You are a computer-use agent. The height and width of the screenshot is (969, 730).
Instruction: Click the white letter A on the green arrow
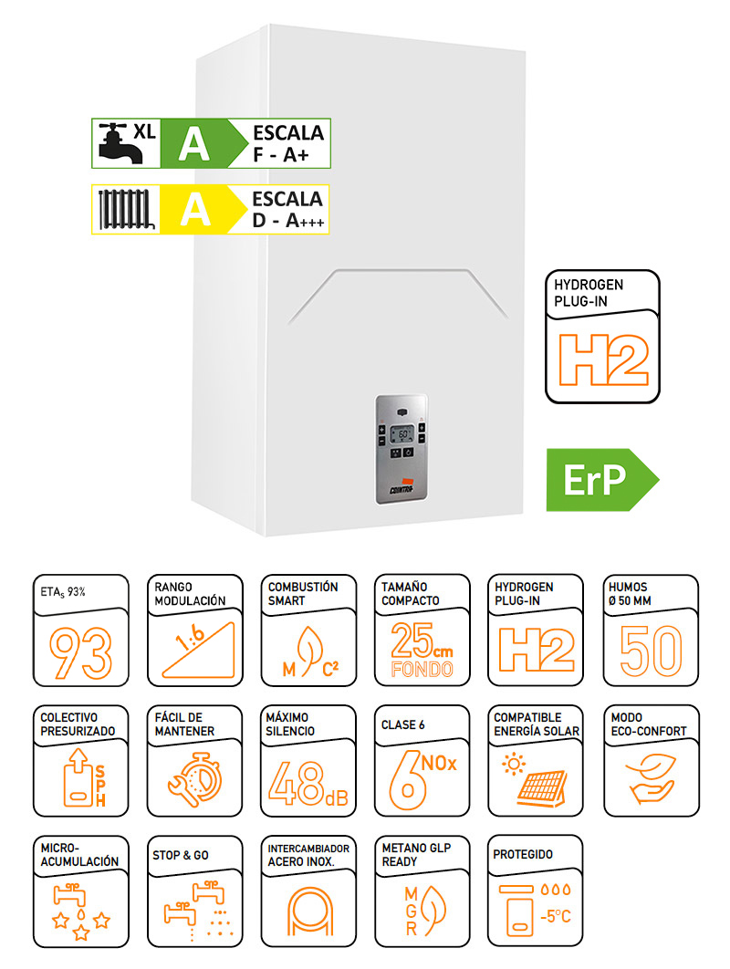(194, 144)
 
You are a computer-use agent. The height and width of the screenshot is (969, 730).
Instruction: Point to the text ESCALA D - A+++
(288, 210)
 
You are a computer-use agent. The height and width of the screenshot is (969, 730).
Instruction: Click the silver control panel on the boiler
(401, 449)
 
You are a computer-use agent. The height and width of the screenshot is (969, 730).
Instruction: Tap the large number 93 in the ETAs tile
(81, 653)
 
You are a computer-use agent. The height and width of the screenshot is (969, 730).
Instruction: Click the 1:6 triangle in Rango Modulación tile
(199, 650)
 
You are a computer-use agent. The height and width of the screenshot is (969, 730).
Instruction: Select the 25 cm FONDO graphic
(422, 649)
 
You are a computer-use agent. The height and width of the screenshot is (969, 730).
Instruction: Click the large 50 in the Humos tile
(651, 651)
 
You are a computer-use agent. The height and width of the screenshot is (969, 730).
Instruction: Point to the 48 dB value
(308, 784)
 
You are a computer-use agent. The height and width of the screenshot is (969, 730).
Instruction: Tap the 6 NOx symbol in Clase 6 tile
(422, 780)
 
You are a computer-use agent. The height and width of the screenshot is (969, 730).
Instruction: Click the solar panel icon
(536, 780)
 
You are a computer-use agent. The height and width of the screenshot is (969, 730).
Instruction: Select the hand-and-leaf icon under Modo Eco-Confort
(651, 778)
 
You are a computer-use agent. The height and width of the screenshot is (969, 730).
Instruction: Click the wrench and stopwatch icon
(194, 780)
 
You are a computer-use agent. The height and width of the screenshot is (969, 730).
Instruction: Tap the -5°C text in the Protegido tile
(555, 916)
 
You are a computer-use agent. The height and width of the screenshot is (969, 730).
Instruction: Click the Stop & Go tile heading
(181, 855)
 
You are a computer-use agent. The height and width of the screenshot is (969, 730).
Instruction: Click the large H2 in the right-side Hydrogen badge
(603, 359)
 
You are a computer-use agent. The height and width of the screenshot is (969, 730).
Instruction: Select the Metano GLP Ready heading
(417, 855)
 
